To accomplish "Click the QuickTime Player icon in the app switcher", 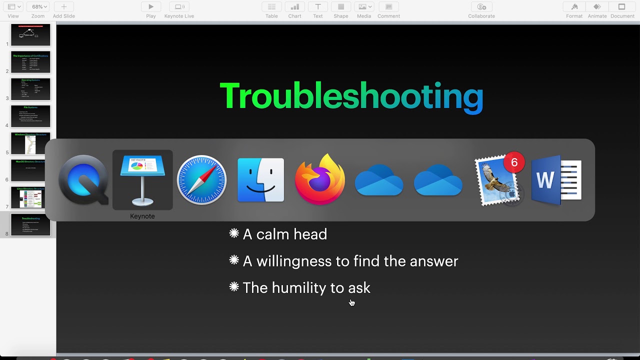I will point(83,180).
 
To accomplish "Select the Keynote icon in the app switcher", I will point(142,180).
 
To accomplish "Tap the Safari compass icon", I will point(201,180).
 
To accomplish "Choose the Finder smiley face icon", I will point(260,180).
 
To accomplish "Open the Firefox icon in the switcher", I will point(320,180).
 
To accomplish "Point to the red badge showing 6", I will point(514,163).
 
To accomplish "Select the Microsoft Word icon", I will point(556,180).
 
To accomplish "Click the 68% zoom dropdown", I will point(38,7).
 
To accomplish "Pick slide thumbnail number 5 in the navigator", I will point(30,143).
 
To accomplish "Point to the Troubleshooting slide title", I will point(351,96).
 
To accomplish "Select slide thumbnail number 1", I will point(30,35).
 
